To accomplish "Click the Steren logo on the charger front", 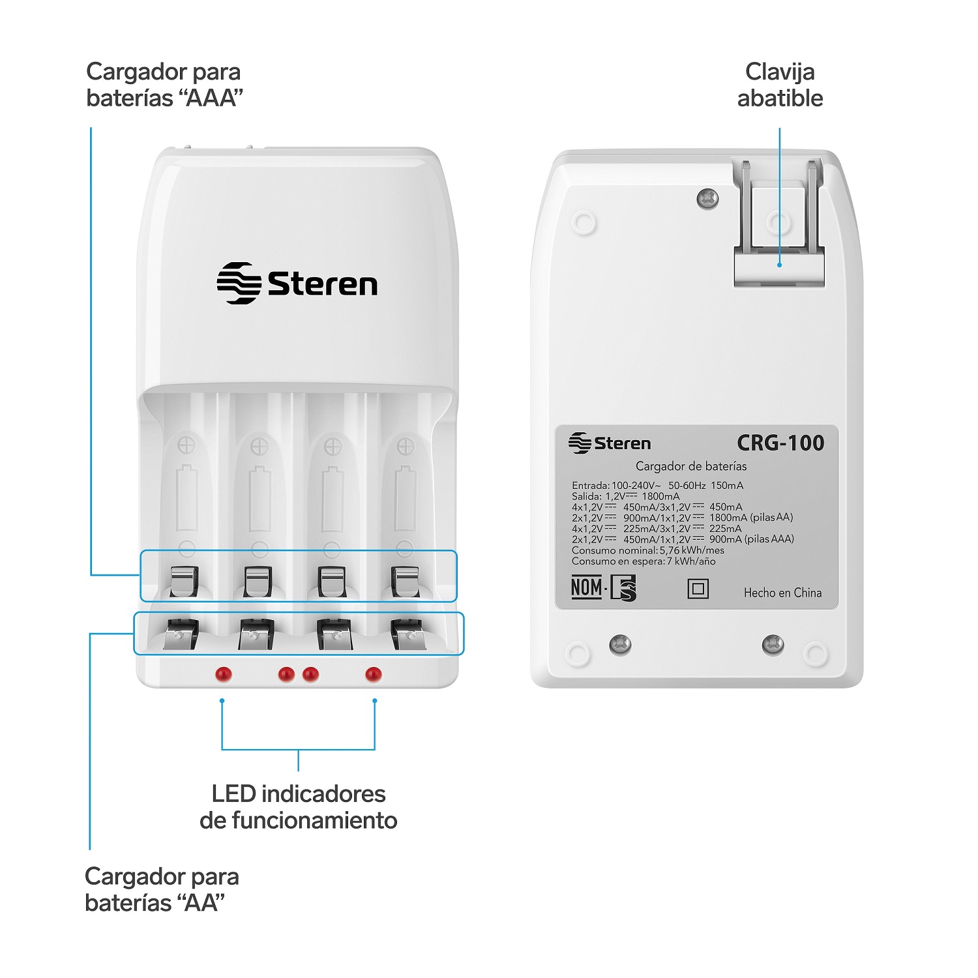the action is tap(297, 284).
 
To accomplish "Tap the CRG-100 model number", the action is tap(780, 443).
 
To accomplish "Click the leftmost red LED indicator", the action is tap(224, 674).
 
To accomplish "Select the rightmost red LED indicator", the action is tap(374, 674).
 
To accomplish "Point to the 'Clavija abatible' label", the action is tap(780, 85).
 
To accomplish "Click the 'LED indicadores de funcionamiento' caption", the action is tap(299, 807).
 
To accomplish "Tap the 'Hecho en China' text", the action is tap(782, 593).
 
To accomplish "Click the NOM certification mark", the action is tap(603, 588).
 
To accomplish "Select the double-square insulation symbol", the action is tap(698, 589).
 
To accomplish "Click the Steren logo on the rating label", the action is tap(610, 443).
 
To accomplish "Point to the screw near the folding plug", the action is tap(707, 198).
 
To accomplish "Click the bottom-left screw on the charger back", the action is tap(620, 645).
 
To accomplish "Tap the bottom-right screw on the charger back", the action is tap(773, 645).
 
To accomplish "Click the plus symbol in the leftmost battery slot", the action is tap(187, 447).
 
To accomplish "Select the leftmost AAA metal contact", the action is tap(184, 581).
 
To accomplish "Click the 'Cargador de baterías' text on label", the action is tap(691, 466).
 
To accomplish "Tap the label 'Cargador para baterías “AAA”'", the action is tap(164, 85).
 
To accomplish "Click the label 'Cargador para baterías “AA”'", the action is tap(162, 889).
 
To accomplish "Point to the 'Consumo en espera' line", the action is tap(644, 561).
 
